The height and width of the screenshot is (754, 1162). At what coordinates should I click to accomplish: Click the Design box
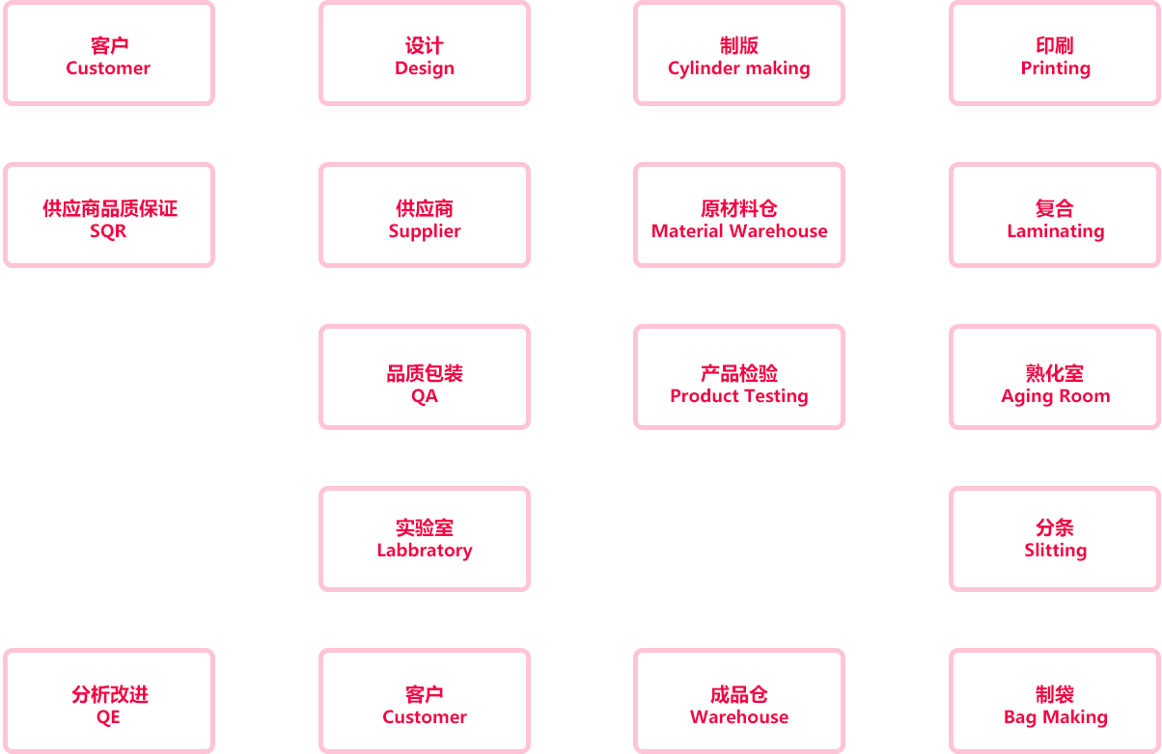click(x=425, y=53)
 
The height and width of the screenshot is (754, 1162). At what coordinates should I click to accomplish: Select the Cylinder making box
click(x=739, y=53)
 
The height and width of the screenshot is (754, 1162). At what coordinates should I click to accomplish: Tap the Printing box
click(x=1055, y=53)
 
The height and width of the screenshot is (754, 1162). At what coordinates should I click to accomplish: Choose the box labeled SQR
click(x=109, y=215)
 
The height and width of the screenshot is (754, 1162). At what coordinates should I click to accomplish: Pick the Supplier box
click(x=425, y=215)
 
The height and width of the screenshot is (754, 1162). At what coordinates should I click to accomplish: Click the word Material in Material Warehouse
click(x=687, y=231)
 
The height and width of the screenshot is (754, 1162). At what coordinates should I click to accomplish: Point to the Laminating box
click(x=1055, y=215)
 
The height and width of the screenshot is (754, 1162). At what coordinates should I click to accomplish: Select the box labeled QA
click(x=425, y=377)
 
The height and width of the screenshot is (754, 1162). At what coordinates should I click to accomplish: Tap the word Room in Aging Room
click(x=1085, y=396)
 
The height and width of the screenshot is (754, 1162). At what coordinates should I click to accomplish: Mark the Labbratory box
click(x=425, y=539)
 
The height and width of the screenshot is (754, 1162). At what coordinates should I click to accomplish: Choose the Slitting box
click(x=1055, y=539)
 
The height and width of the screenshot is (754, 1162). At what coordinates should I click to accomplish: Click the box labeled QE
click(x=109, y=701)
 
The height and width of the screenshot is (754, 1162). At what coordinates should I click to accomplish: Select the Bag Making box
click(x=1055, y=701)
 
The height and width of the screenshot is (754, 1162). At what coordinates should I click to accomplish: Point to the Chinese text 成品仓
click(x=739, y=694)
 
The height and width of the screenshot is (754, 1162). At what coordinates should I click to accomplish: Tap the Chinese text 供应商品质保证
click(x=110, y=208)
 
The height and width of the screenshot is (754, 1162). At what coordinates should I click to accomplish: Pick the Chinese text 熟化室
click(x=1055, y=373)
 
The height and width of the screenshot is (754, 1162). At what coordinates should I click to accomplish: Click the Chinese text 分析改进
click(x=110, y=694)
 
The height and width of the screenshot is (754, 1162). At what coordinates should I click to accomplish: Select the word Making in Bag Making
click(x=1075, y=717)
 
